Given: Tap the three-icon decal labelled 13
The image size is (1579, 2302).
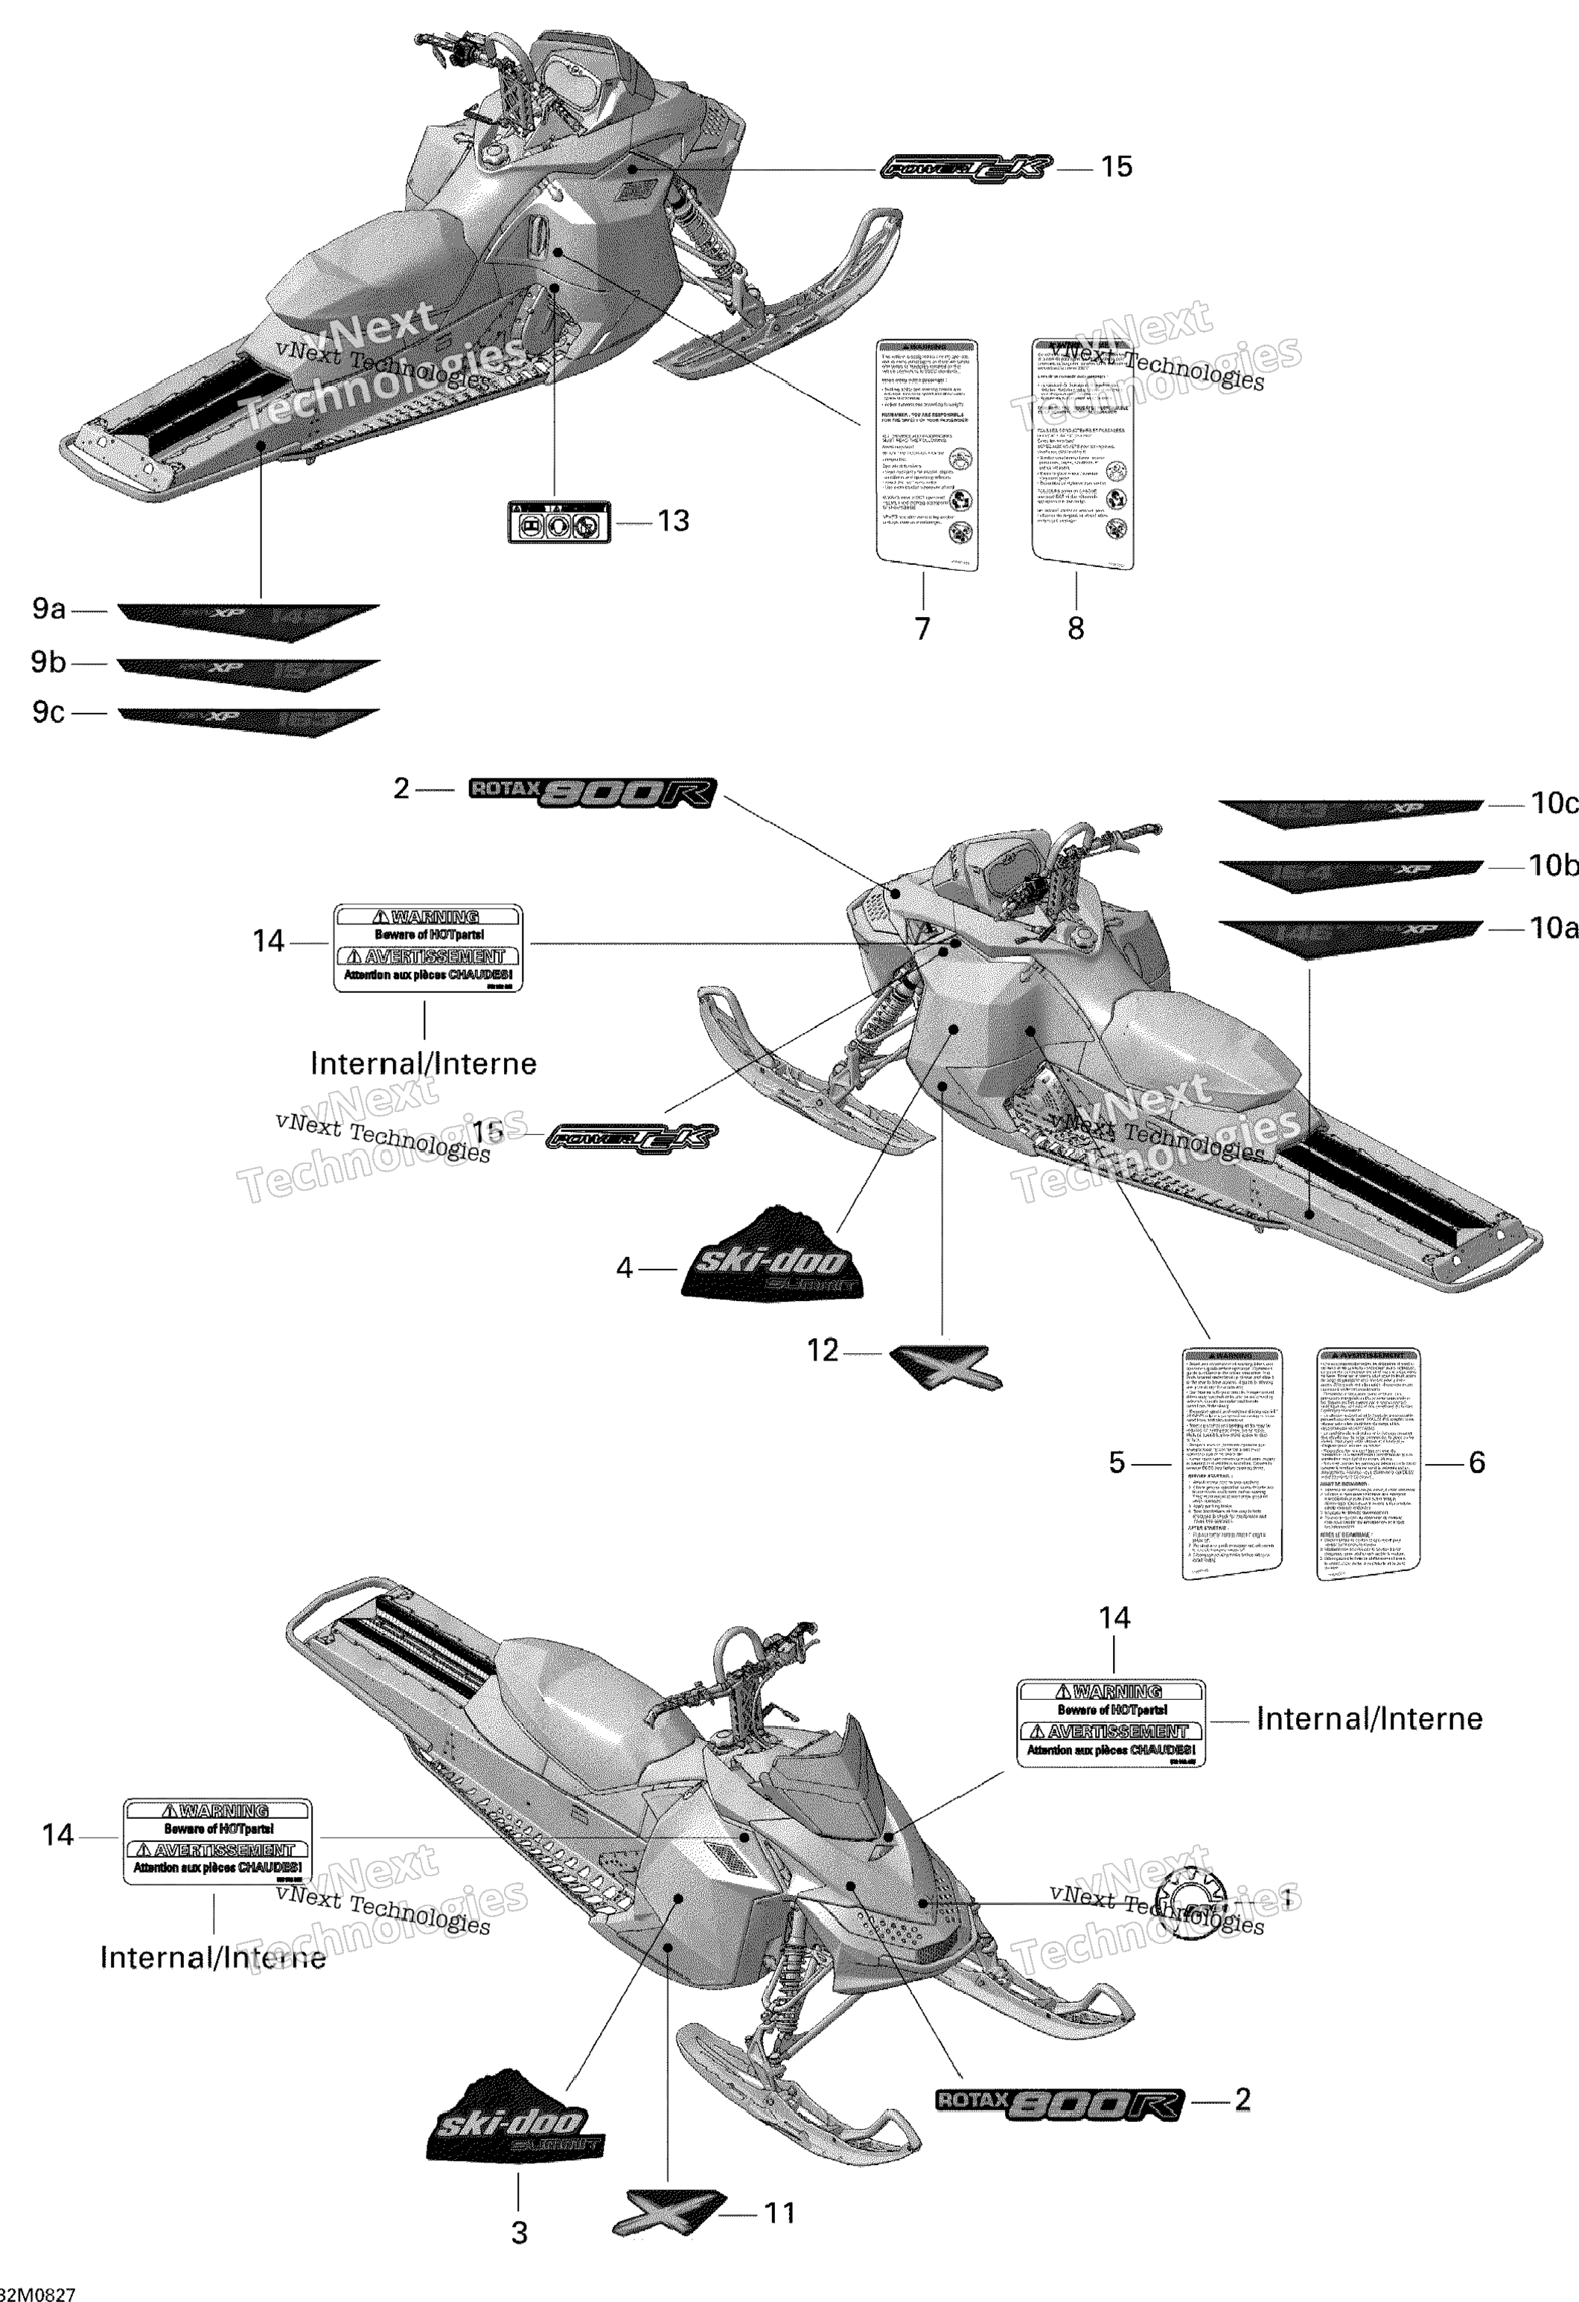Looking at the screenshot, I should (558, 521).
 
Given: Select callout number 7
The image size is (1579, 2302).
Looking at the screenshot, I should (922, 628).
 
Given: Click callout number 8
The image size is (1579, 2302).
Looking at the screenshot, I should (1076, 628).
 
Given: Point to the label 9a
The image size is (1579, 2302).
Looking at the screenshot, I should (48, 608).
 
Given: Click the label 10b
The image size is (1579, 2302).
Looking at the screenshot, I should (1552, 866).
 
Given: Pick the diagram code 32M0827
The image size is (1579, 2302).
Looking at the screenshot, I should (38, 2293).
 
